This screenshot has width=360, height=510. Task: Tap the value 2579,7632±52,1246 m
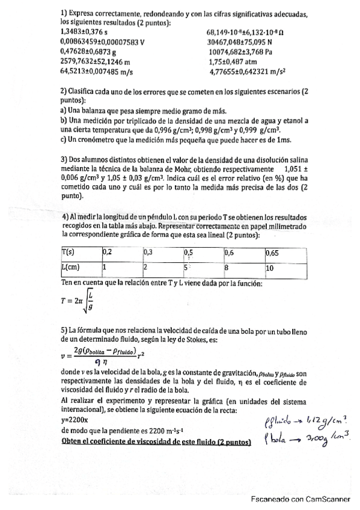[x=96, y=61]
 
